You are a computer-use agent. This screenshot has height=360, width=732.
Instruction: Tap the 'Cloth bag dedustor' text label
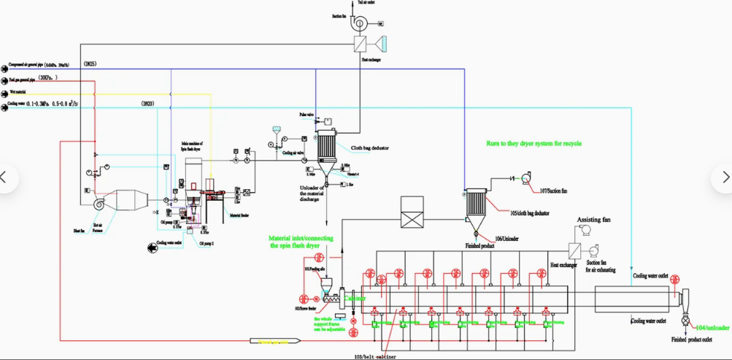pos(370,148)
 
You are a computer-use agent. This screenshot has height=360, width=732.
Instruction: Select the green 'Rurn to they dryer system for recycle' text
pos(533,143)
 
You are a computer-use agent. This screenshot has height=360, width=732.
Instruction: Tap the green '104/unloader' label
pos(713,328)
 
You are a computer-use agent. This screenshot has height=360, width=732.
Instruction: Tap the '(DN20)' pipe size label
pos(147,104)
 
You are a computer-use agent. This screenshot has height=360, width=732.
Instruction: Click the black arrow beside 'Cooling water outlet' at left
pos(151,249)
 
